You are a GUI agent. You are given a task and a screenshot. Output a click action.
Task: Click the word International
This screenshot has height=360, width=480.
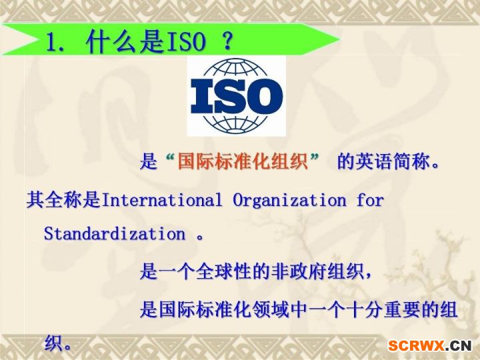tap(161, 200)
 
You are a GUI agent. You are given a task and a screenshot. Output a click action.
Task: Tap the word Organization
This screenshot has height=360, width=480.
tap(289, 200)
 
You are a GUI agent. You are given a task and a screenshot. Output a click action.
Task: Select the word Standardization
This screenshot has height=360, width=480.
tap(115, 233)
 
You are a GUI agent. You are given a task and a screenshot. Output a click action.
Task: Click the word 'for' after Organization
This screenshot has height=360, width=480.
tap(370, 200)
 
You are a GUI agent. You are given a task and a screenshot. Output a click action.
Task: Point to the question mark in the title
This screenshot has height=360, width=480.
tap(227, 41)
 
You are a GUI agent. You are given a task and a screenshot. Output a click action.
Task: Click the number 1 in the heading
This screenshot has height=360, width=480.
tap(53, 41)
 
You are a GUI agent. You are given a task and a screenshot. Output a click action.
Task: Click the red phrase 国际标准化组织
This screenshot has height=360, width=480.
tap(243, 161)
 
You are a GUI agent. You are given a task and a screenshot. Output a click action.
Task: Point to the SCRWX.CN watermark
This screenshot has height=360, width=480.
tap(429, 345)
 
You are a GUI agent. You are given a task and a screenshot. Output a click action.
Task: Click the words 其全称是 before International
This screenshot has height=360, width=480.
tap(64, 200)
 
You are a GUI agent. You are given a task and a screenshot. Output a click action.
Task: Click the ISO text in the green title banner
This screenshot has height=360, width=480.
tap(186, 41)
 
